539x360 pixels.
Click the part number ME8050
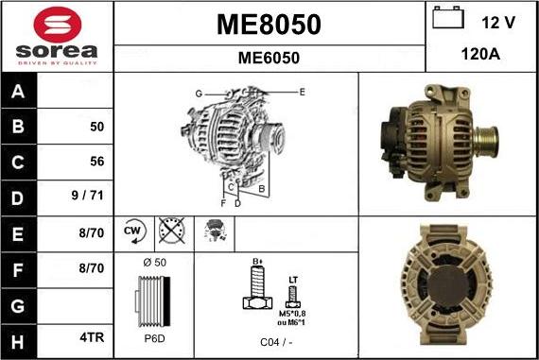(269, 24)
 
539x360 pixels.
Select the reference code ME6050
(269, 58)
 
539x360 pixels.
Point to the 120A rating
(480, 56)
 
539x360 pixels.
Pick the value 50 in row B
(96, 127)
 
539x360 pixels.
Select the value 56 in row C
(96, 162)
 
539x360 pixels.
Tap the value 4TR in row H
(93, 336)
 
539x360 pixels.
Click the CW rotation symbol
(132, 231)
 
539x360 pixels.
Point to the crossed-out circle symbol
(171, 231)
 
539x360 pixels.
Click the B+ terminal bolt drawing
(253, 287)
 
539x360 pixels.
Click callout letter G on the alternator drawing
(199, 94)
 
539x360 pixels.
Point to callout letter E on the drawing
(302, 92)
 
